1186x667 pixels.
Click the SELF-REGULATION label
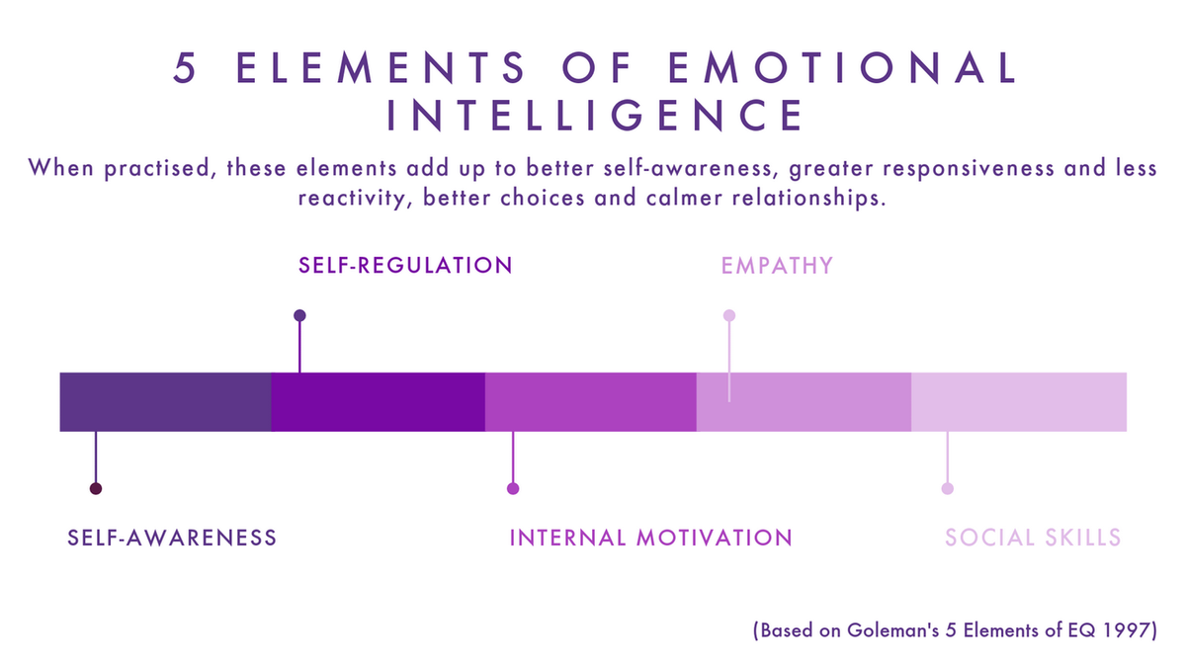[405, 265]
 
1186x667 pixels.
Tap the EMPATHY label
[777, 266]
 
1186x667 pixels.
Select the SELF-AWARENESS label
[172, 538]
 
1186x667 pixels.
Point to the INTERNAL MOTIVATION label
[650, 538]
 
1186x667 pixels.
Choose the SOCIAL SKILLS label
[1033, 538]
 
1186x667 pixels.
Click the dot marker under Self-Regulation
[299, 315]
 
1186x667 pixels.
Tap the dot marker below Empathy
[729, 315]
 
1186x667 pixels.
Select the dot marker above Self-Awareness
[96, 488]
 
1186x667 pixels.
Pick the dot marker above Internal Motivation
[513, 488]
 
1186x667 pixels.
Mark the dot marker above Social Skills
[948, 488]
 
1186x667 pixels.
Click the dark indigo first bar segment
[166, 402]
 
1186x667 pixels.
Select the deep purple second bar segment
[378, 402]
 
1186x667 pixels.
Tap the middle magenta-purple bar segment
[591, 402]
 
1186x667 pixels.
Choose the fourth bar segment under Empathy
[805, 402]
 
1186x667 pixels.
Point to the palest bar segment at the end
[1019, 402]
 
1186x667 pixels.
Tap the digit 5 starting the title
[185, 68]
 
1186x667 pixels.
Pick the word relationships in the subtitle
[809, 198]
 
